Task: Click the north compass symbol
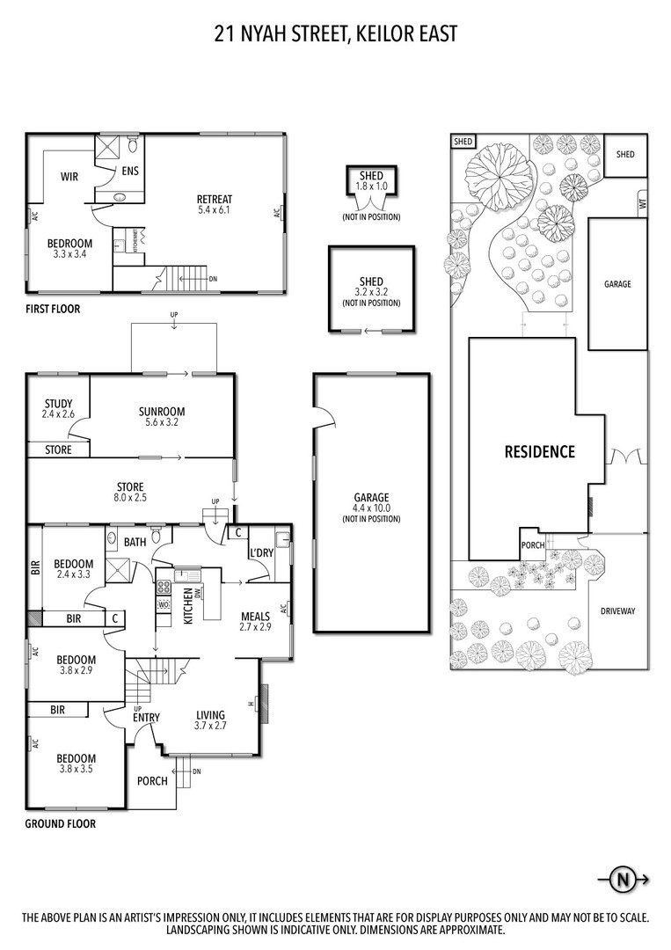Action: tap(624, 879)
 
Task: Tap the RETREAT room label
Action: tap(215, 200)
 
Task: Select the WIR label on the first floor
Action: tap(69, 177)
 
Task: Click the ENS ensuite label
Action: tap(130, 172)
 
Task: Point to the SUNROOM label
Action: tap(162, 412)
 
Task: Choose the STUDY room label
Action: tap(58, 404)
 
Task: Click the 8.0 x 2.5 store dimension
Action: tap(130, 497)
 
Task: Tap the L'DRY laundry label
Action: tap(261, 552)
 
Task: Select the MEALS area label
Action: tap(255, 617)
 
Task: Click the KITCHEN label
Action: tap(188, 606)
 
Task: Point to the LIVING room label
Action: tap(211, 715)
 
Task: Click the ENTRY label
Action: tap(147, 718)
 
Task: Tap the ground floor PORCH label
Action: tap(152, 781)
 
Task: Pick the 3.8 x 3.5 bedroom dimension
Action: tap(77, 770)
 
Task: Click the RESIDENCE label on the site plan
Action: tap(540, 451)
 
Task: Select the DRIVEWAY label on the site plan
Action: tap(617, 611)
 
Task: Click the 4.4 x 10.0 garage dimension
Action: tap(371, 508)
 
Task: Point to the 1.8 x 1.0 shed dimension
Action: tap(371, 186)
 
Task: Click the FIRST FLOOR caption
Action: tap(53, 309)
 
